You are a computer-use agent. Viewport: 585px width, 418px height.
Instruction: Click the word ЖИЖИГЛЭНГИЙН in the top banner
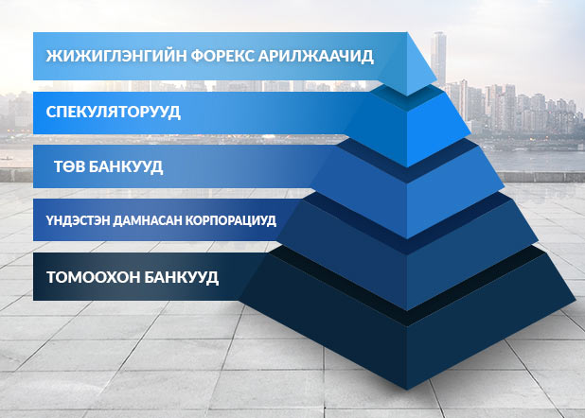pyautogui.click(x=115, y=56)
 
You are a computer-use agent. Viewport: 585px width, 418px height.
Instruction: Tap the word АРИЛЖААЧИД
pyautogui.click(x=315, y=57)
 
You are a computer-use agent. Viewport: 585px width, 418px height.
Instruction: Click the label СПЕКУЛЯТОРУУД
pyautogui.click(x=113, y=112)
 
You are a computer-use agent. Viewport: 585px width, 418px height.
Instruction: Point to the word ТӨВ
pyautogui.click(x=69, y=166)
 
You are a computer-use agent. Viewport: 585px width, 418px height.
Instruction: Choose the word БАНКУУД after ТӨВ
pyautogui.click(x=126, y=167)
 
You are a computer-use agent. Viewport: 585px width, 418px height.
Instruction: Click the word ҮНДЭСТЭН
pyautogui.click(x=78, y=220)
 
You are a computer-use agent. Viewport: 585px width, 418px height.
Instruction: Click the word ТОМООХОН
pyautogui.click(x=93, y=277)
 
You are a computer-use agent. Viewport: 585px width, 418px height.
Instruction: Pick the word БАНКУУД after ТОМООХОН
pyautogui.click(x=181, y=278)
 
